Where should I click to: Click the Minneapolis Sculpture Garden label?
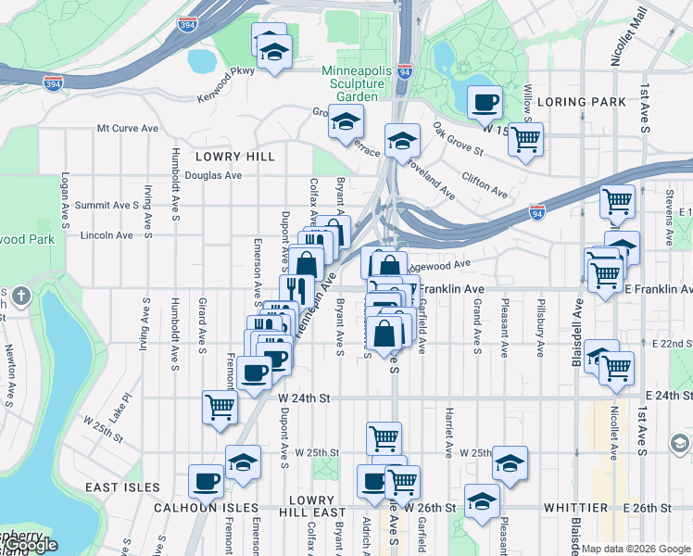click(x=350, y=83)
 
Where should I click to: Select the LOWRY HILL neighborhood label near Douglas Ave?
click(x=234, y=157)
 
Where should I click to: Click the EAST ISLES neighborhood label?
click(x=123, y=487)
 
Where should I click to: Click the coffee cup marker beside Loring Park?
click(x=485, y=103)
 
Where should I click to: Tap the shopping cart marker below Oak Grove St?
click(x=526, y=140)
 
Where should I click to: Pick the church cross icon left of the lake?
click(x=22, y=297)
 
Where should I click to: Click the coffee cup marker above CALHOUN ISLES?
click(x=206, y=480)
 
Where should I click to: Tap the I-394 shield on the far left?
click(x=54, y=84)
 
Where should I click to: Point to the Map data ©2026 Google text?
click(x=635, y=549)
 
